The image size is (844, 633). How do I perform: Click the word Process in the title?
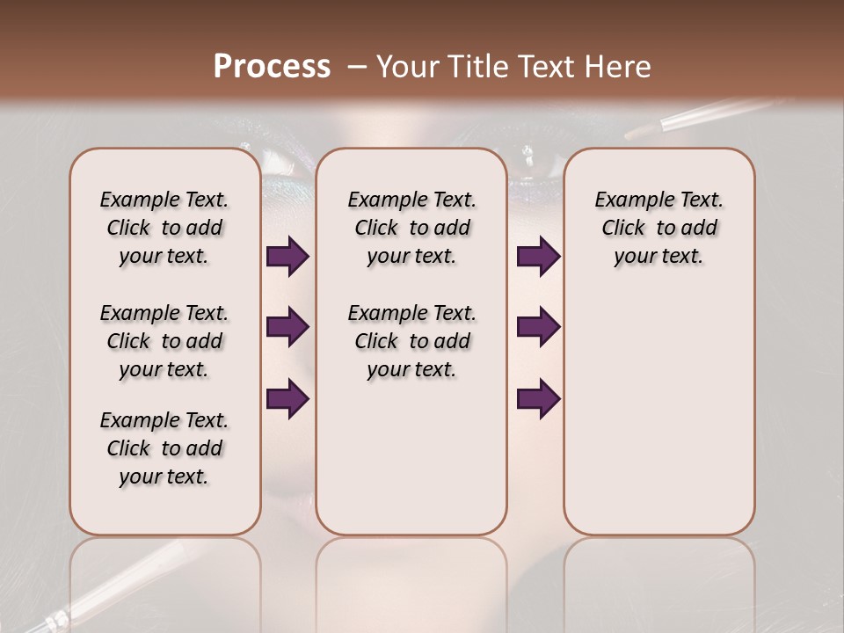click(272, 67)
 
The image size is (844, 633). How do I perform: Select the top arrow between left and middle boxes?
click(287, 257)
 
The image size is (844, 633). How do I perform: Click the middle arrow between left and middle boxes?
click(287, 327)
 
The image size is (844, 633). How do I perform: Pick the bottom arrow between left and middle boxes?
click(287, 399)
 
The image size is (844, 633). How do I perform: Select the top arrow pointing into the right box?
click(538, 257)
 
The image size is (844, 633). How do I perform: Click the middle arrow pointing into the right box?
click(538, 327)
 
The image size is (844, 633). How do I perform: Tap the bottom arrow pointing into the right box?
click(538, 399)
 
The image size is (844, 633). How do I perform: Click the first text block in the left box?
click(164, 228)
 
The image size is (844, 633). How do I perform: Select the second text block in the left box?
click(164, 341)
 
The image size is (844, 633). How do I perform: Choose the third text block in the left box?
click(164, 448)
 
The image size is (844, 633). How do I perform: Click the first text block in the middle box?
click(411, 228)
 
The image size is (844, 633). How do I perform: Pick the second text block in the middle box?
click(411, 341)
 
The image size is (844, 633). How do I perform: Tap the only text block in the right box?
click(658, 228)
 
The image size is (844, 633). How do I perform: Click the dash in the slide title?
click(357, 68)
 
